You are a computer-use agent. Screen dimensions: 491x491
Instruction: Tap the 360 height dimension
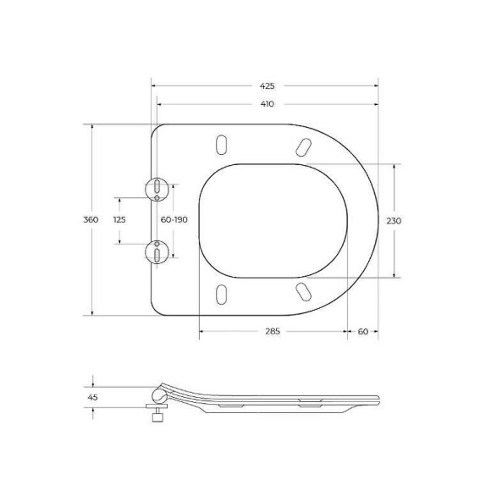tap(91, 220)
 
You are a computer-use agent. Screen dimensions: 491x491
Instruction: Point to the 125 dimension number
tap(119, 220)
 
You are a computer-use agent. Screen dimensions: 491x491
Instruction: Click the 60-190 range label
tap(174, 220)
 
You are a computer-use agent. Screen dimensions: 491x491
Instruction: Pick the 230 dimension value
tap(394, 220)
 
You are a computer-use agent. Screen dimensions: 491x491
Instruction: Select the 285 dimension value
tap(273, 331)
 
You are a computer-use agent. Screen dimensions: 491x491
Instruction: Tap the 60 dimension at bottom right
tap(362, 331)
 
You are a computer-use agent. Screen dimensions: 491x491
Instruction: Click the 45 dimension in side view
tap(92, 395)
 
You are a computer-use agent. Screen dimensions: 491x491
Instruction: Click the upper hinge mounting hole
tap(158, 188)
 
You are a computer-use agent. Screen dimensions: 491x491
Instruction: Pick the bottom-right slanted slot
tap(301, 291)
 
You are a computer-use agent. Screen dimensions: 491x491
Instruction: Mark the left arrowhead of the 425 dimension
tap(154, 86)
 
